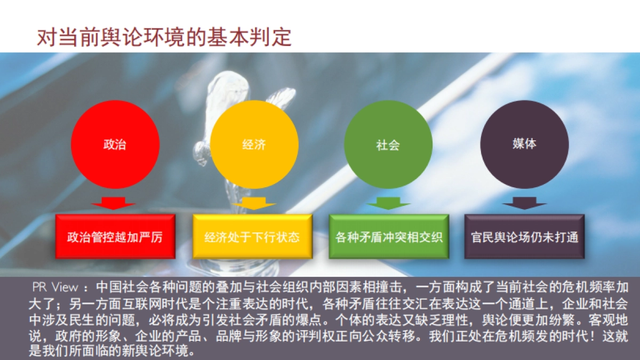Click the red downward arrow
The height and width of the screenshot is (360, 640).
tap(114, 203)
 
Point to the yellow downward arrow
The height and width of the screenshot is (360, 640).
tap(253, 203)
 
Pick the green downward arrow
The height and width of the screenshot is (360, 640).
tap(388, 203)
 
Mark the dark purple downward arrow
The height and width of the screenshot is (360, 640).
tap(524, 203)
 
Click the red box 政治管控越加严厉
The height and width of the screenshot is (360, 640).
tap(115, 237)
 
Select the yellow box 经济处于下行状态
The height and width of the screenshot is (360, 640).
tap(252, 237)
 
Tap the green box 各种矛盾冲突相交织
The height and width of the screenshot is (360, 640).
tap(389, 237)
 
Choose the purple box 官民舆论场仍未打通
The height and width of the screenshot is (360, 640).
tap(525, 237)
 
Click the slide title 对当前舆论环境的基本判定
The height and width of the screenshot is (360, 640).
tap(164, 38)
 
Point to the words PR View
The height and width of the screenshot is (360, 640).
tap(55, 287)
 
